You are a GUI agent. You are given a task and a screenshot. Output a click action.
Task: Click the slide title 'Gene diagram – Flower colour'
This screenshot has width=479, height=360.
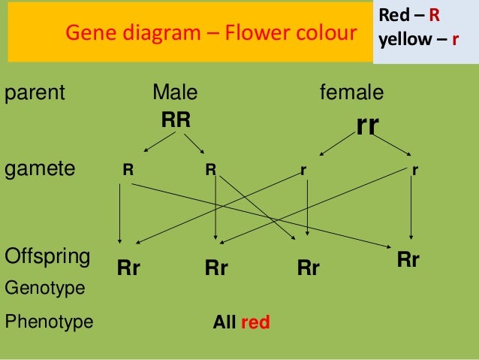tap(211, 33)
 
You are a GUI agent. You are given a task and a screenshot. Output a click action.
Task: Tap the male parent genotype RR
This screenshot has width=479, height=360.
tap(176, 119)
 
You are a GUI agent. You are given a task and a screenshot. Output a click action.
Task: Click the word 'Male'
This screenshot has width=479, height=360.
tap(175, 93)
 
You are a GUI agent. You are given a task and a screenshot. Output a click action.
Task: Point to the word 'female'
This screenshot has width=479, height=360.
tap(351, 93)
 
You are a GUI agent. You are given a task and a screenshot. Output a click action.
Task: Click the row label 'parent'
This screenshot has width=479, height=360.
tap(35, 94)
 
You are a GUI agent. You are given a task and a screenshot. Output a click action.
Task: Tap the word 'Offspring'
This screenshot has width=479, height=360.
tap(47, 256)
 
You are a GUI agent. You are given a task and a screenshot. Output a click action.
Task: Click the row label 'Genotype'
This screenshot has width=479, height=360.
tap(44, 288)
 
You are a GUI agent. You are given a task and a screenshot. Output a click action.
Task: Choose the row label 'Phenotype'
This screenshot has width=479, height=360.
tap(49, 322)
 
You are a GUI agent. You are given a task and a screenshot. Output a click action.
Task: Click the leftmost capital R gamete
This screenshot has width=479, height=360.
tap(128, 170)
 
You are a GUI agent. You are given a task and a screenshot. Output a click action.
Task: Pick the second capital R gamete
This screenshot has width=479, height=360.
tap(212, 170)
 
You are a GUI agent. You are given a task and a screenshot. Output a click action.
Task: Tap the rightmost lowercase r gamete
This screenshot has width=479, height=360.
tap(414, 170)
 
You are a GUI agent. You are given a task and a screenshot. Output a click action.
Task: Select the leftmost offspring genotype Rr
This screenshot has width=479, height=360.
tap(128, 268)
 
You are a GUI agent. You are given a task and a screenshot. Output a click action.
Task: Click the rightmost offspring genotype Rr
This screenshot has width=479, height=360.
tap(408, 260)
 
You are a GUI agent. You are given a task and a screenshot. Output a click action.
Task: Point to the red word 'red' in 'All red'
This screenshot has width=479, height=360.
tap(255, 323)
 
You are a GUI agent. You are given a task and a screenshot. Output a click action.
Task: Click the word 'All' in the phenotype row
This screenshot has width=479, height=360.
tap(224, 323)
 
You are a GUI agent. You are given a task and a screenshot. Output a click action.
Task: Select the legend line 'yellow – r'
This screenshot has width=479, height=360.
tap(419, 39)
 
